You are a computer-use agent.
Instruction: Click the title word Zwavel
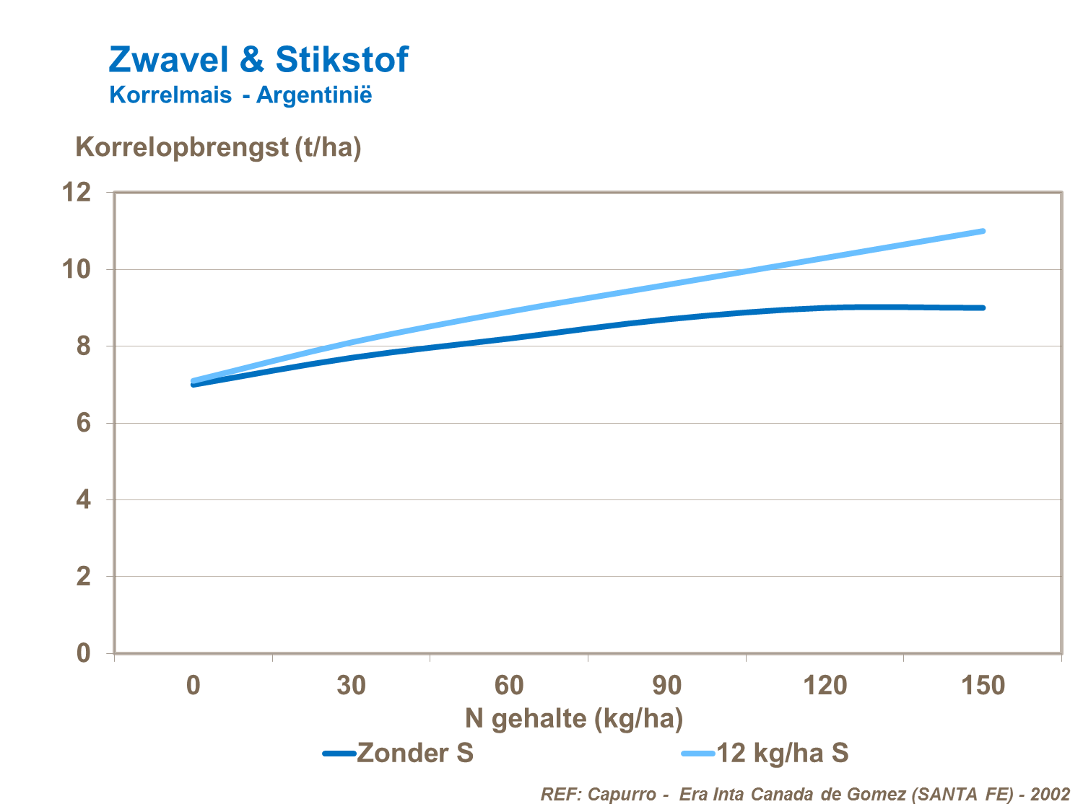coord(168,59)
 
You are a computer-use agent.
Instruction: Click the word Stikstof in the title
coord(342,59)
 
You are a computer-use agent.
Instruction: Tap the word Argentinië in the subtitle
coord(314,95)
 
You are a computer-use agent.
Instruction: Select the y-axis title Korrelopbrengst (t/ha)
coord(218,147)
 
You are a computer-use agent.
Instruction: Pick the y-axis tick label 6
coord(84,423)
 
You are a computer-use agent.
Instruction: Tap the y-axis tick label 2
coord(84,577)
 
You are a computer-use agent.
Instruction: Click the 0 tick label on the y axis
coord(84,653)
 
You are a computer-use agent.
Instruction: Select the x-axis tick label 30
coord(351,685)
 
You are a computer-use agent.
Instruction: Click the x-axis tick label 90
coord(666,685)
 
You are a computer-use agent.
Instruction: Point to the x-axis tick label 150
coord(983,685)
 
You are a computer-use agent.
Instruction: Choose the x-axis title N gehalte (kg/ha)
coord(574,719)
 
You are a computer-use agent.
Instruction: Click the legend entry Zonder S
coord(414,754)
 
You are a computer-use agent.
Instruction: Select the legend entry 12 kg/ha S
coord(782,754)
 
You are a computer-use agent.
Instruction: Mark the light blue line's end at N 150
coord(983,231)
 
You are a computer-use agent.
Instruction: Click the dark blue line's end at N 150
coord(983,307)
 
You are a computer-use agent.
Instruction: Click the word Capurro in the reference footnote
coord(622,795)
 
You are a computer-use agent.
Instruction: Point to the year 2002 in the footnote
coord(1050,795)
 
